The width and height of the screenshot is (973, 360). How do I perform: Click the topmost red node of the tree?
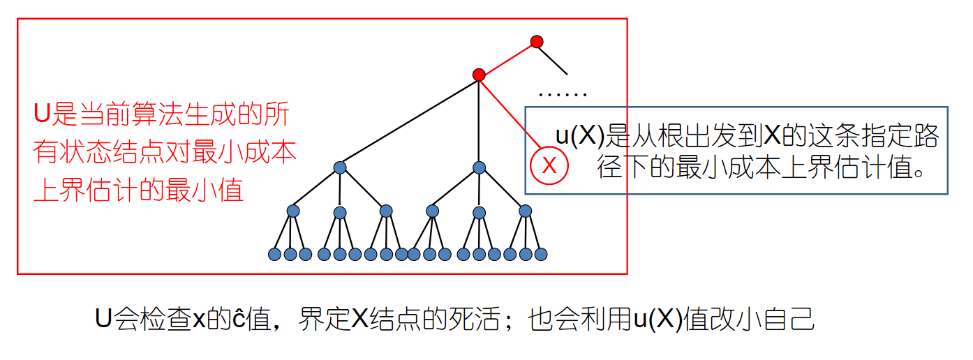coord(536,42)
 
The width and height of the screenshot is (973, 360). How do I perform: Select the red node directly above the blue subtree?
coord(478,74)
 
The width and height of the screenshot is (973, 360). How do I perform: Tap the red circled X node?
coord(549,166)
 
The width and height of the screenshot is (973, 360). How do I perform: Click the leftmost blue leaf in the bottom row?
coord(274,255)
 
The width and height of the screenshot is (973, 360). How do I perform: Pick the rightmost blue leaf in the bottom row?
coord(540,255)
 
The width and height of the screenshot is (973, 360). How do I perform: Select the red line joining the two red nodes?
coord(507,58)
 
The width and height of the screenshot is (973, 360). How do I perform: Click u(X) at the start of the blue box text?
coord(579,136)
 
